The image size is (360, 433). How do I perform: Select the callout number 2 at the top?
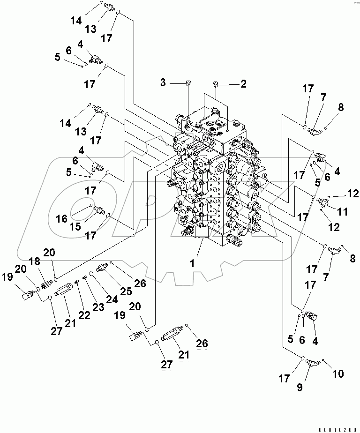pyautogui.click(x=243, y=84)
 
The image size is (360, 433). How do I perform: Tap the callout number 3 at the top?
pyautogui.click(x=163, y=83)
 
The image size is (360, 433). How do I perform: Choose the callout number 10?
pyautogui.click(x=337, y=374)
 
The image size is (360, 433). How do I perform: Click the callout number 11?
pyautogui.click(x=343, y=212)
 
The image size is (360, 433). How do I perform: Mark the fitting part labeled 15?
pyautogui.click(x=99, y=210)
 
